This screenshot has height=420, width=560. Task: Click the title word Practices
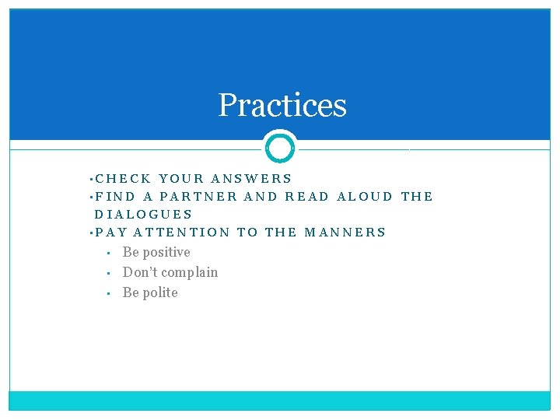click(x=282, y=105)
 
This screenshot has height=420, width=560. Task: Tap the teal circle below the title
click(x=280, y=147)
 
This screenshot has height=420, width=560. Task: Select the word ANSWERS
click(x=251, y=178)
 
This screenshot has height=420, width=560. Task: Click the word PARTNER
click(x=198, y=196)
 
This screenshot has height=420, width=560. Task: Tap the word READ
click(x=307, y=196)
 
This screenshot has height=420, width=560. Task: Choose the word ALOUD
click(x=365, y=196)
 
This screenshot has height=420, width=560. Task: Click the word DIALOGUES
click(x=143, y=214)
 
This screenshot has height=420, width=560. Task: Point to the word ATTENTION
click(x=182, y=232)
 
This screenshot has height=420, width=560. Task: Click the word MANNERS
click(x=345, y=232)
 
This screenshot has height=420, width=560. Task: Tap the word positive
click(x=166, y=253)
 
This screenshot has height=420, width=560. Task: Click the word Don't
click(x=141, y=272)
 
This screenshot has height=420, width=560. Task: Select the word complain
click(x=191, y=273)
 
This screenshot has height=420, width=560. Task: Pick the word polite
click(x=161, y=292)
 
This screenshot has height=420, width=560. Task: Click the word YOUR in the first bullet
click(x=180, y=178)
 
